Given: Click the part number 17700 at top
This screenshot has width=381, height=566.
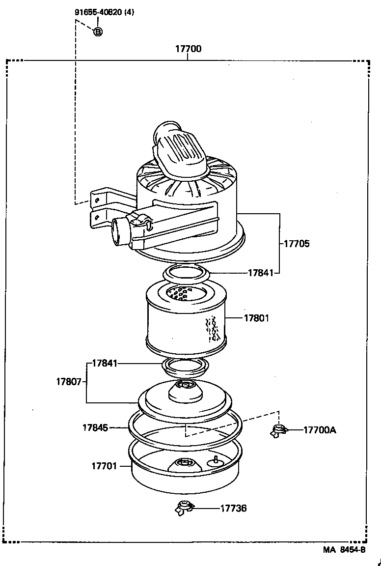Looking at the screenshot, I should [x=188, y=49].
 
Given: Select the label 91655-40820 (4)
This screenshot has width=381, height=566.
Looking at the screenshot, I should [x=104, y=13].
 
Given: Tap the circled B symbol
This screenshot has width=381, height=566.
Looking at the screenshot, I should [x=98, y=32].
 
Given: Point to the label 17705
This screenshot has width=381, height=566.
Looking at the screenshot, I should [x=296, y=243].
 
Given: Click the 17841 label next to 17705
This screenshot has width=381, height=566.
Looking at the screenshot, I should [x=260, y=273].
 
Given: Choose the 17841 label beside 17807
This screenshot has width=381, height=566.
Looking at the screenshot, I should [x=105, y=364].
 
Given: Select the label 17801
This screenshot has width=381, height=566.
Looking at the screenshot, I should [x=256, y=318].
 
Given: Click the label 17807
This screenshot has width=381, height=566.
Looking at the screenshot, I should [x=69, y=381].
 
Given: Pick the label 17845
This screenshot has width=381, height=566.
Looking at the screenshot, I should [x=95, y=427].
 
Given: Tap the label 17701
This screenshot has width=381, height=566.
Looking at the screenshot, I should [x=104, y=465].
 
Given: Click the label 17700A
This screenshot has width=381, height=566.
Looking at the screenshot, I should [x=320, y=430].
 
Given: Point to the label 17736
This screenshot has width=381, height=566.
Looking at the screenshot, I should [x=233, y=508].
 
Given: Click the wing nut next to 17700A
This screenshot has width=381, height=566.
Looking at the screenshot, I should [x=279, y=431].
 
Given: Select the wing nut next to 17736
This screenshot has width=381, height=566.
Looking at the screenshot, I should [x=184, y=508].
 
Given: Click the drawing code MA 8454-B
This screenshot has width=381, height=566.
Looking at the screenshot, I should [x=344, y=550].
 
